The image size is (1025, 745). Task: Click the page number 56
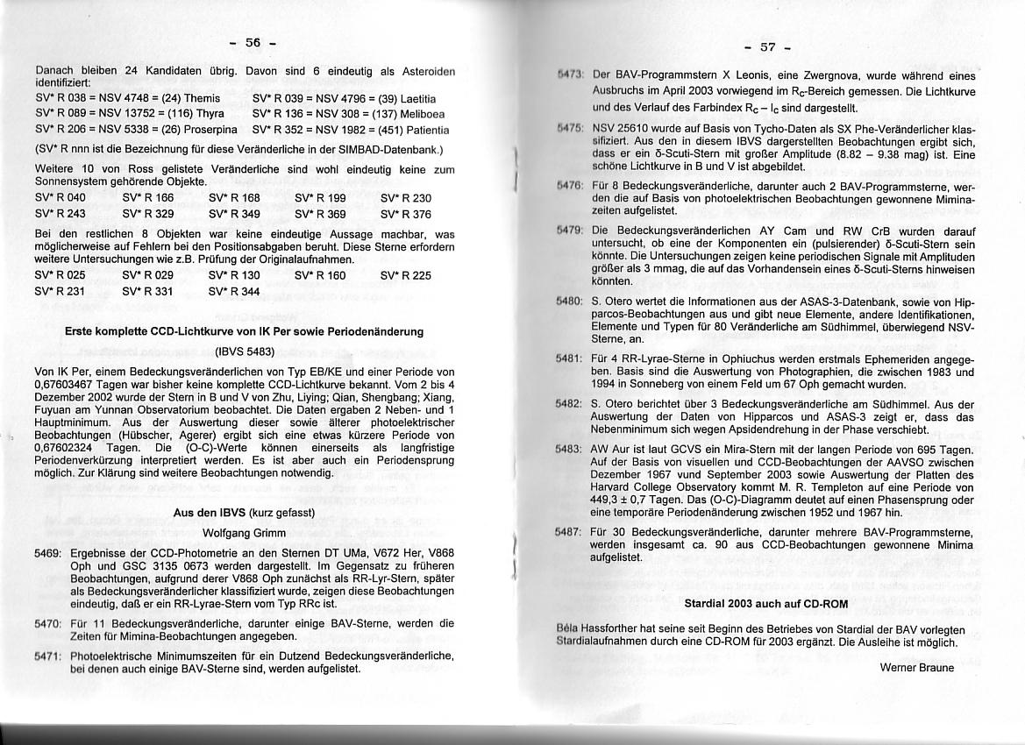(x=253, y=42)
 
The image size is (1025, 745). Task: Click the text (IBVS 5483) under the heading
(x=245, y=351)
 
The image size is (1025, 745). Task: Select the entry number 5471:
(x=47, y=656)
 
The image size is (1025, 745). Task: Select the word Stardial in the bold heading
(x=706, y=604)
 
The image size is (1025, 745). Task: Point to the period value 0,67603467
(x=69, y=383)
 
